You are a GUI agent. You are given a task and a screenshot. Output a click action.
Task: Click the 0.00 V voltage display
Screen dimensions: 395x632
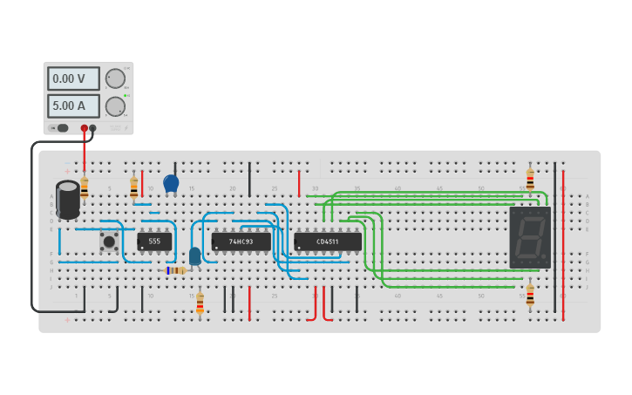click(x=73, y=78)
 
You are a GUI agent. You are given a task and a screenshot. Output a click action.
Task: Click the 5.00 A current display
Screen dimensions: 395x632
click(x=73, y=106)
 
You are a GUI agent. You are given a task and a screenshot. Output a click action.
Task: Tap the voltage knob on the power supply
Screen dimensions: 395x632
click(x=115, y=78)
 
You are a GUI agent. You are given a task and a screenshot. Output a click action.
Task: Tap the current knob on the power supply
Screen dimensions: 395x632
click(x=115, y=106)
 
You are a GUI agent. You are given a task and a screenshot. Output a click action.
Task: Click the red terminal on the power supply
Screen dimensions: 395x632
click(x=85, y=128)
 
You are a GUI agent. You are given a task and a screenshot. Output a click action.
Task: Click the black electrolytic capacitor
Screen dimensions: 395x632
click(x=67, y=200)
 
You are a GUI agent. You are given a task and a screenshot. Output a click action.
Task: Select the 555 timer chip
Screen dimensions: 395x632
click(x=154, y=242)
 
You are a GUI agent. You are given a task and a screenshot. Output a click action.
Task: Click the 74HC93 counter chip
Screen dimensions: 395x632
click(x=241, y=242)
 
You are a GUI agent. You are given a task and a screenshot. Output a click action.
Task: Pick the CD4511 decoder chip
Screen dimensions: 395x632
click(x=327, y=242)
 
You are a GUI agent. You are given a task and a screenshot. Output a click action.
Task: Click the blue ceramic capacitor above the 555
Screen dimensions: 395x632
click(x=171, y=184)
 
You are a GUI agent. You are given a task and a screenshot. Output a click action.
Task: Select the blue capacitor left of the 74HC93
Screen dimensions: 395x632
click(x=194, y=255)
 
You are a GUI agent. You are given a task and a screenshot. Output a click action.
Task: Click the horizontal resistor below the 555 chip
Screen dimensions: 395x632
click(x=177, y=270)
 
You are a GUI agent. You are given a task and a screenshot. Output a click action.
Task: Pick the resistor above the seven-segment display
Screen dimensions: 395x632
click(x=530, y=179)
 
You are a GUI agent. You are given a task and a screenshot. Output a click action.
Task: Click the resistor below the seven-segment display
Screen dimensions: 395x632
click(x=530, y=294)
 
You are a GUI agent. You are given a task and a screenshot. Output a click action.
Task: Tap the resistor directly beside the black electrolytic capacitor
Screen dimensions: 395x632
click(x=85, y=187)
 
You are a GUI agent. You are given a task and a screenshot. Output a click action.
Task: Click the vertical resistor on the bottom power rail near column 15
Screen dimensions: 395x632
click(x=200, y=303)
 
